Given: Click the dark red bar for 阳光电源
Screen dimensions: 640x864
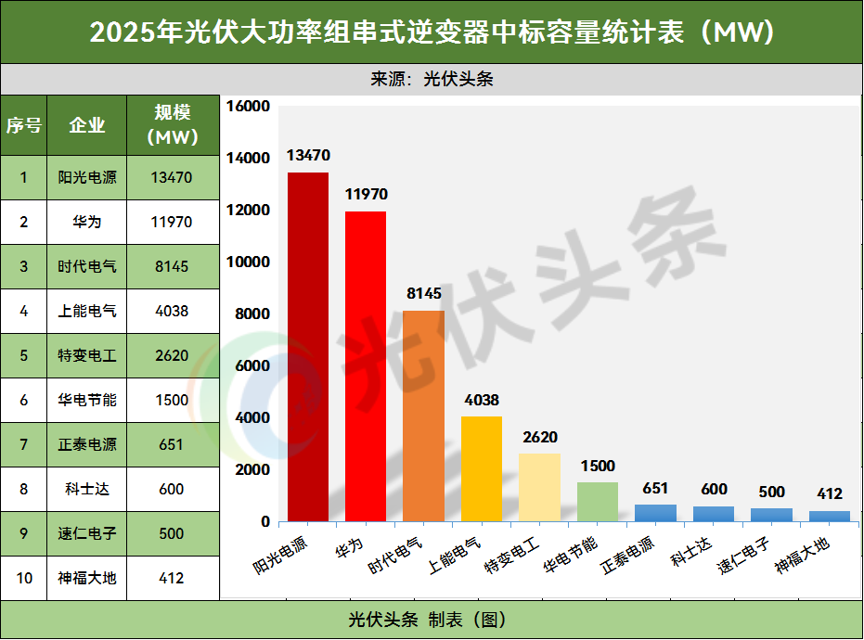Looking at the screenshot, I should pos(307,347).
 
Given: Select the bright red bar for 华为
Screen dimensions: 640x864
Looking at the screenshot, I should pos(366,366).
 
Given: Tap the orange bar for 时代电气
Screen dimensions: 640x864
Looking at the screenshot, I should pos(423,416).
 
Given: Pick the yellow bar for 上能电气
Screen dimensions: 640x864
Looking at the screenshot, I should pos(482,468).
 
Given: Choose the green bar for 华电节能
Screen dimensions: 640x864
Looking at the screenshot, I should pos(597,502).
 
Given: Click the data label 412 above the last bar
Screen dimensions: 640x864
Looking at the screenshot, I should pos(830,493).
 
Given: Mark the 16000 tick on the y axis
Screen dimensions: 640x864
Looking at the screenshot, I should pos(248,107).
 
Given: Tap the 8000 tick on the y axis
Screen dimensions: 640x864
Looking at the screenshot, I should pos(252,314).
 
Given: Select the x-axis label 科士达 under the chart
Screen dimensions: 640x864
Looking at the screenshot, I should pos(691,547).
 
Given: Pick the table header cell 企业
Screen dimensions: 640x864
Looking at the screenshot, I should pos(87,125).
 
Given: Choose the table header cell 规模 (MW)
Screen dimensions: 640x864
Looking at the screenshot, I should pos(172,125).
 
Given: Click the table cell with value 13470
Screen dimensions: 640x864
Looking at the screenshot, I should pos(172,177).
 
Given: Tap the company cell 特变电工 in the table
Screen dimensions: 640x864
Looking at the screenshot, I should pos(87,355).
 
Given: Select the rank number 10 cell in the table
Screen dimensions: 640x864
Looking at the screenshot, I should pos(24,578).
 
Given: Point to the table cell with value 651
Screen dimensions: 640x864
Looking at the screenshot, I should pos(172,444).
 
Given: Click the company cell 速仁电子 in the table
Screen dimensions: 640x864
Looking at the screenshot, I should pos(87,533).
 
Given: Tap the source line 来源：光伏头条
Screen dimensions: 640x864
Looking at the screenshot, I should pos(432,79).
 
